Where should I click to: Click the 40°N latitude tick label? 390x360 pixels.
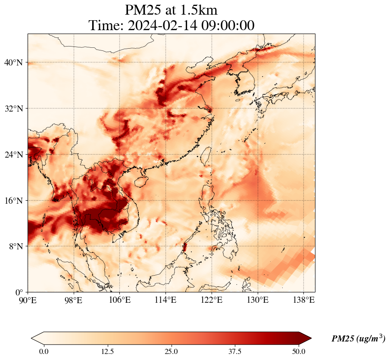[x=13, y=63]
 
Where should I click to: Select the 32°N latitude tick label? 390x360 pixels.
[x=13, y=109]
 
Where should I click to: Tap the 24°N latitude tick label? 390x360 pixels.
[x=13, y=155]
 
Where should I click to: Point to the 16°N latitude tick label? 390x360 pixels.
[x=13, y=201]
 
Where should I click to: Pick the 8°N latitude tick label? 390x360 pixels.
[x=16, y=246]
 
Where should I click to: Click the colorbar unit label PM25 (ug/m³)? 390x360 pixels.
[x=358, y=339]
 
